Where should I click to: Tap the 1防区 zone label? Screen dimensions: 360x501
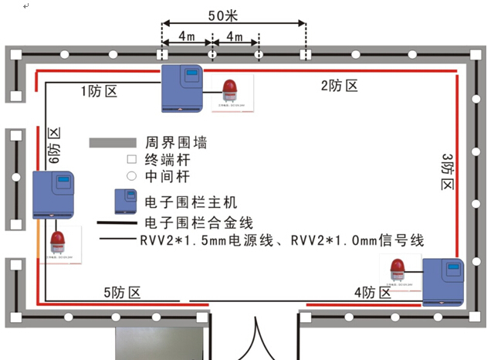coord(99,91)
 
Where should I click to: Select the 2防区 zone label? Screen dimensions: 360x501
coord(340,86)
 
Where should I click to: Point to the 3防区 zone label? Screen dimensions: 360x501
coord(449,172)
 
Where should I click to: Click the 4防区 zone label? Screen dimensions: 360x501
coord(373,292)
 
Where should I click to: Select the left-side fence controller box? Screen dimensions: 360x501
coord(52,195)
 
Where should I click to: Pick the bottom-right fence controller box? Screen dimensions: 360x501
coord(442,282)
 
